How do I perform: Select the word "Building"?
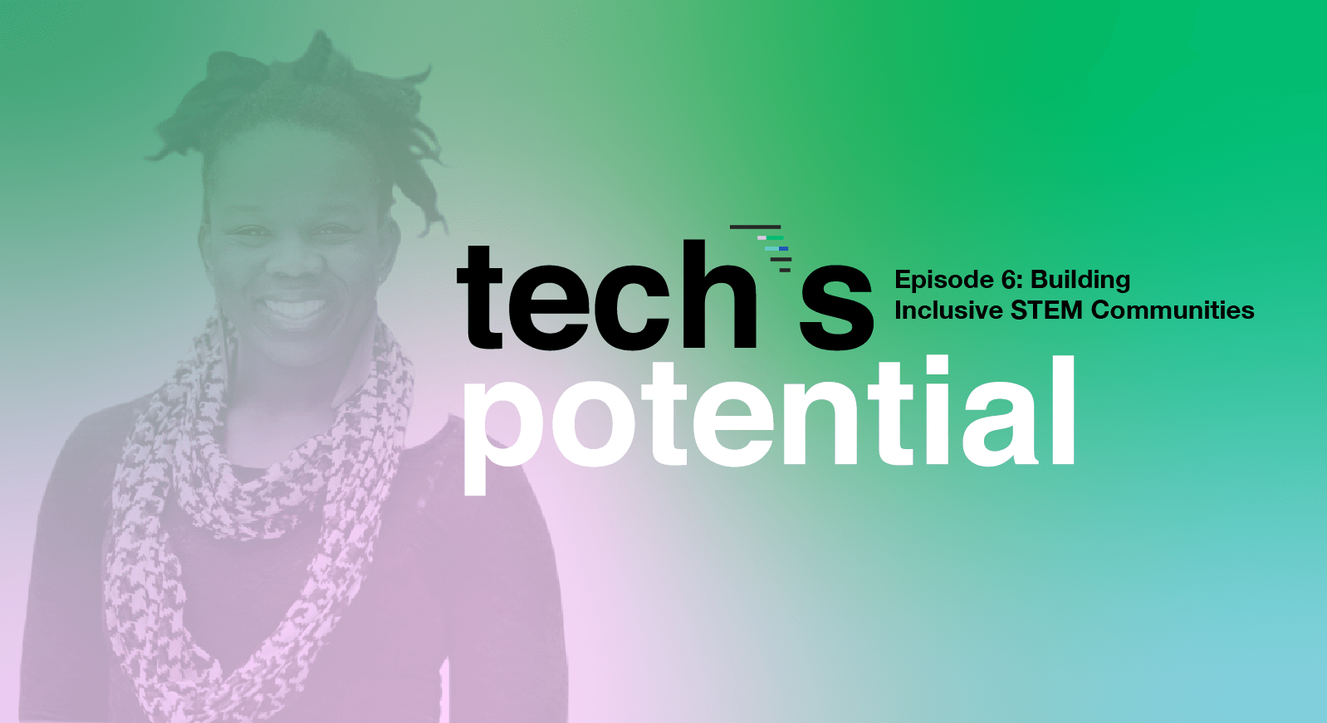[1080, 281]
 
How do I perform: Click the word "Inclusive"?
[948, 310]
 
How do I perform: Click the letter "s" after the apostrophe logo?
[836, 310]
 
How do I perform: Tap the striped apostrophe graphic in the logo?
[761, 248]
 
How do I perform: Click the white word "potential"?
[769, 424]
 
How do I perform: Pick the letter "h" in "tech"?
[720, 294]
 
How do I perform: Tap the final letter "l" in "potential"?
[1064, 409]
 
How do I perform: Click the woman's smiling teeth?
[295, 307]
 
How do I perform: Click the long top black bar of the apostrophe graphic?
[756, 227]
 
